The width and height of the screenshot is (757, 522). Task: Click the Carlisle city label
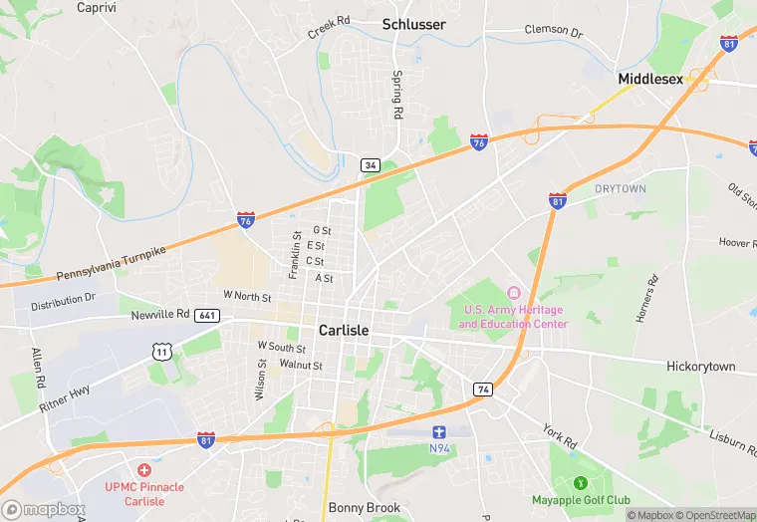click(x=343, y=330)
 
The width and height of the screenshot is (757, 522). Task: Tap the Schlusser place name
click(x=414, y=24)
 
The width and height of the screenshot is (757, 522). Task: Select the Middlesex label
click(x=650, y=79)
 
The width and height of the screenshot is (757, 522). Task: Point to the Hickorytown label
click(x=700, y=367)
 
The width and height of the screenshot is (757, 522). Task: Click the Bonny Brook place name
click(x=365, y=508)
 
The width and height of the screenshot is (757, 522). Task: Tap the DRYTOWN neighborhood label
click(x=621, y=188)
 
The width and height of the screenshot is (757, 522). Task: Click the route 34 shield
click(x=371, y=164)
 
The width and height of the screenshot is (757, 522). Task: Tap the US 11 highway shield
click(x=161, y=350)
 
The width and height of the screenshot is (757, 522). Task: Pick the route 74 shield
click(x=483, y=389)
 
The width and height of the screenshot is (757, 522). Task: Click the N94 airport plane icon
click(x=439, y=431)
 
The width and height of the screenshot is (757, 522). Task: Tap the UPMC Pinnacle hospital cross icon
click(x=144, y=469)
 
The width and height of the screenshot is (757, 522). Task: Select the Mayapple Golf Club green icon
click(x=595, y=483)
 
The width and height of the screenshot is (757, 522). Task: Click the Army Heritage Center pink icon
click(x=514, y=292)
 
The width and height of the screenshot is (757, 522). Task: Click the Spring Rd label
click(x=396, y=96)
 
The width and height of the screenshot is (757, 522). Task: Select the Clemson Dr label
click(x=553, y=31)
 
